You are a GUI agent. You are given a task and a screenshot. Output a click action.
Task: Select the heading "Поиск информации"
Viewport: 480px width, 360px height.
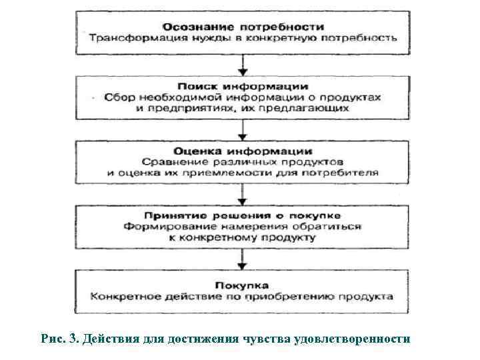coord(243,87)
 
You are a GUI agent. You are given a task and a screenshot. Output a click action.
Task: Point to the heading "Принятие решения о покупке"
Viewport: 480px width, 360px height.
coord(243,216)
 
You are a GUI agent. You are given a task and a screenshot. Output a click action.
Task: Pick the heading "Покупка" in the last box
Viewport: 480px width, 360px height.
coord(243,283)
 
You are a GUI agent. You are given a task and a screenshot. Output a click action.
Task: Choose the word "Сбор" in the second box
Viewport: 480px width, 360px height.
coord(118,97)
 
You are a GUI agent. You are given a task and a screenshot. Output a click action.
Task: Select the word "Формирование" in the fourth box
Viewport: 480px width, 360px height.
coord(158,227)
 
